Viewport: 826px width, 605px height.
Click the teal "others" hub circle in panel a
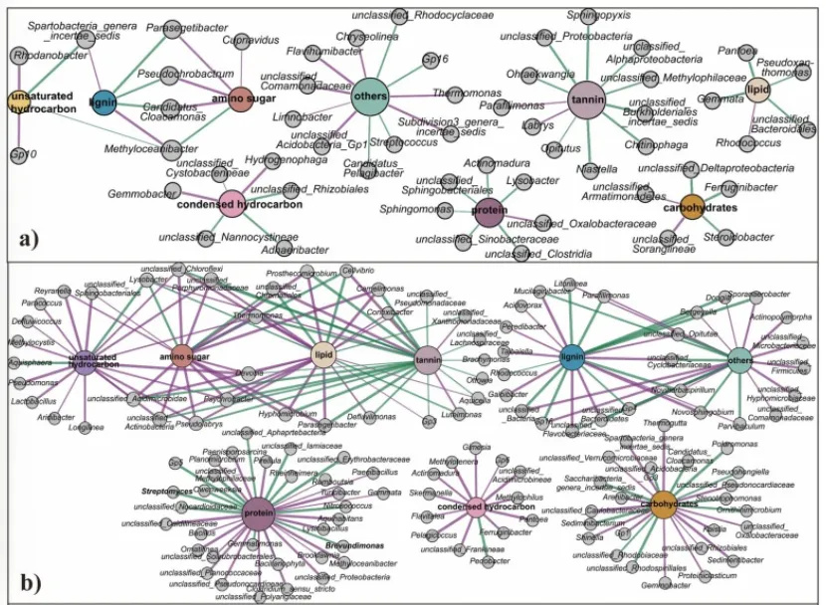point(369,96)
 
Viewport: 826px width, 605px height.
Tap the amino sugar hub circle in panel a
point(237,100)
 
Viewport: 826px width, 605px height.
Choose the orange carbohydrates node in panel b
point(662,502)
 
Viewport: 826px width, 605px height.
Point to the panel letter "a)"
point(30,238)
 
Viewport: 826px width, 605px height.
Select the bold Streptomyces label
point(166,492)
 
